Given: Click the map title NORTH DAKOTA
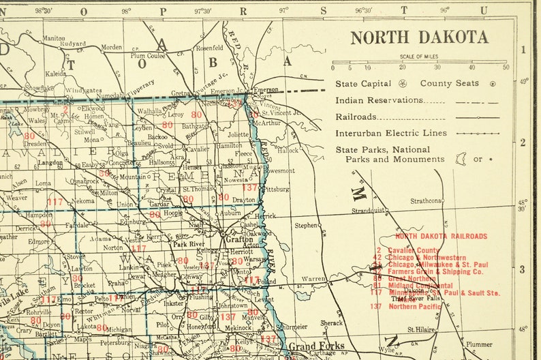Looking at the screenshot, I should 419,37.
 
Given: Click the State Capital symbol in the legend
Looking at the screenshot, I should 402,84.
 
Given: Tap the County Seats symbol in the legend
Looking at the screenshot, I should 493,84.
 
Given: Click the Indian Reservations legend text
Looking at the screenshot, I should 379,100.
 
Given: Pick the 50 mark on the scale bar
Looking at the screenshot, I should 505,67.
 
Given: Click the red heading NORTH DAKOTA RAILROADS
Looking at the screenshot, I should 442,236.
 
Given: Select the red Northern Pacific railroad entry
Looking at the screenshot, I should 415,307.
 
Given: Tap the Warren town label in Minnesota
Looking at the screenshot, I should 314,279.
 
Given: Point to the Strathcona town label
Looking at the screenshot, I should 427,200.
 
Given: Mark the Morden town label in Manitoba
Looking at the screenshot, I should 111,48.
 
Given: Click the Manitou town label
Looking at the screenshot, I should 54,38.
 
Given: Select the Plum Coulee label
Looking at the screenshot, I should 148,56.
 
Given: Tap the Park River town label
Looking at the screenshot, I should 189,244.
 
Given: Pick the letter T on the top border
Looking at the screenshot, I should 405,10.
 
